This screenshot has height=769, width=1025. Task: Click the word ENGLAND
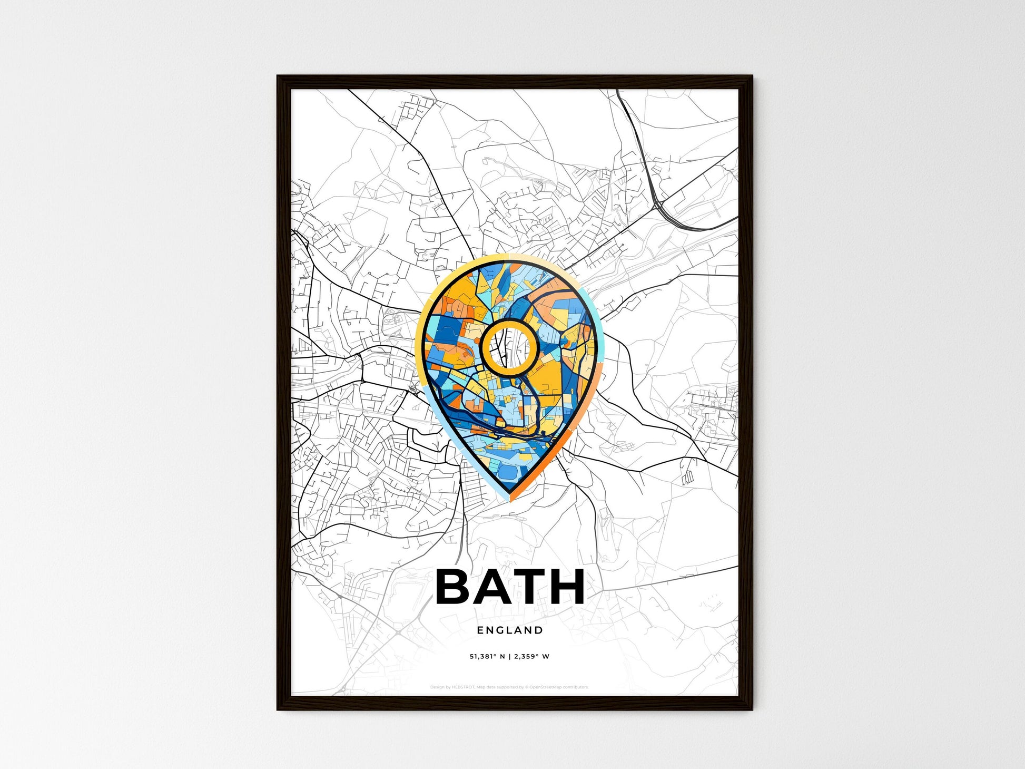pos(510,630)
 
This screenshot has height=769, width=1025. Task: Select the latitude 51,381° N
pos(487,657)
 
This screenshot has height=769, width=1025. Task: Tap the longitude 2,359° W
pos(533,657)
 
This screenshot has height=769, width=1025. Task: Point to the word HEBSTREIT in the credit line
pos(463,687)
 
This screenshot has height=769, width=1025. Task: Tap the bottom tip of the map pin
pos(509,499)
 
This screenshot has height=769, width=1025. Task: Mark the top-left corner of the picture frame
pos(278,76)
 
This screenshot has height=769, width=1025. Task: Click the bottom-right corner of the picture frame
pos(752,709)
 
